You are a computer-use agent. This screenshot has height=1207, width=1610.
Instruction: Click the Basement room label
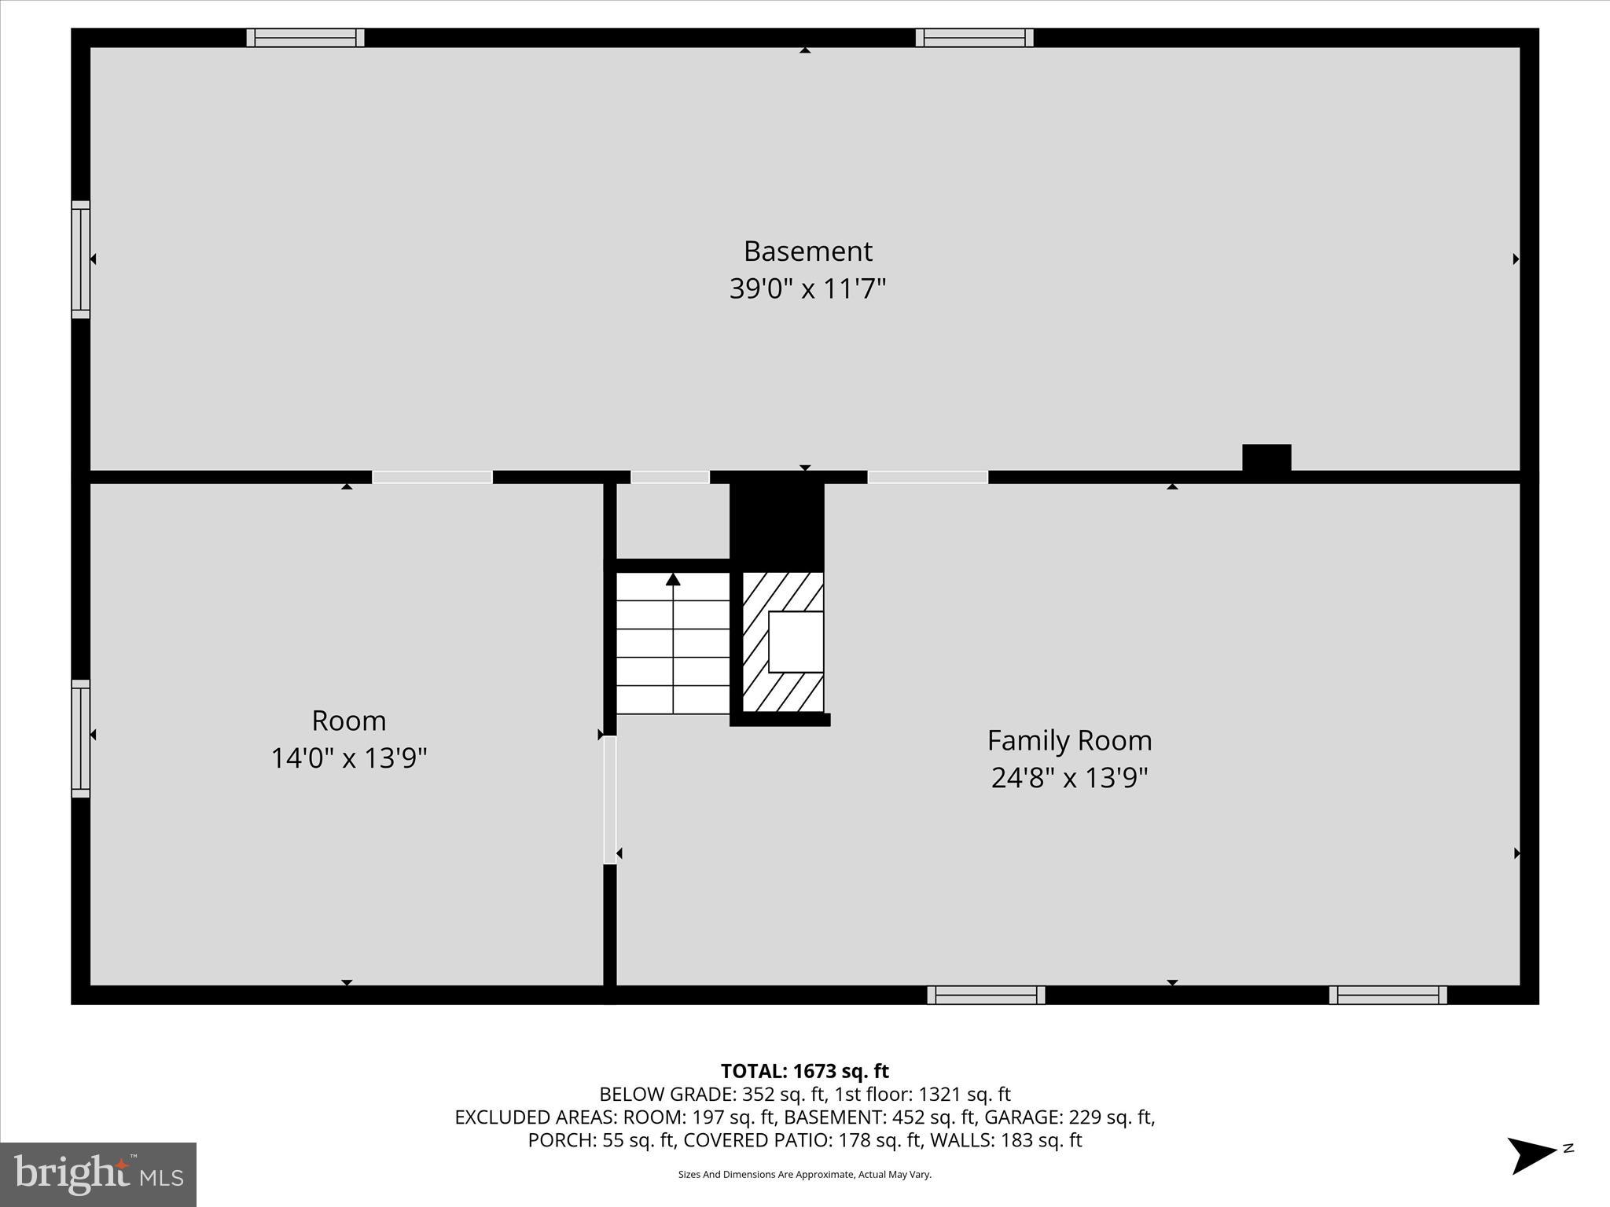pos(807,251)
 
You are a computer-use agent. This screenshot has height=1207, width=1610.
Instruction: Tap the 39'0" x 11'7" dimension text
pos(807,289)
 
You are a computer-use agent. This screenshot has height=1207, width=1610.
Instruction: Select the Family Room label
pos(1069,740)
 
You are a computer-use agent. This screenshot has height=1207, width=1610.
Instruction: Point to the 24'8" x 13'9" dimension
pos(1069,778)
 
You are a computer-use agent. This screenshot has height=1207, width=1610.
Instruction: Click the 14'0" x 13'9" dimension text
pos(349,758)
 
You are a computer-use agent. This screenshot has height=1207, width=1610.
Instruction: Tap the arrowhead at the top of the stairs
pos(673,579)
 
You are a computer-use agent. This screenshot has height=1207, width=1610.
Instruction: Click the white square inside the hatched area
pos(796,641)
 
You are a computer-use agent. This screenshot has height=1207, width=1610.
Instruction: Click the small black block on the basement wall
pos(1266,457)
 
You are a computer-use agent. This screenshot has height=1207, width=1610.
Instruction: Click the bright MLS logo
pos(98,1174)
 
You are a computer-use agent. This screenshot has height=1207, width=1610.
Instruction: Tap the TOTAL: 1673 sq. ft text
pos(804,1071)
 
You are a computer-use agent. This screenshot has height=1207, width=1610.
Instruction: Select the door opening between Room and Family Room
pos(610,800)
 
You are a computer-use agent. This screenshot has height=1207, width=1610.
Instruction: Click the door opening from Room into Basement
pos(432,477)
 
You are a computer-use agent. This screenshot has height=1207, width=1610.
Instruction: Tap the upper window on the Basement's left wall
pos(81,259)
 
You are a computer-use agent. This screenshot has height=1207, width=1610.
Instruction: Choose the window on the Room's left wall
pos(81,739)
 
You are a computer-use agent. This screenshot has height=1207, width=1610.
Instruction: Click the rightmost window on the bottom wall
pos(1388,995)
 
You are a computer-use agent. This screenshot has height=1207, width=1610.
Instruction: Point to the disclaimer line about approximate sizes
pos(804,1174)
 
